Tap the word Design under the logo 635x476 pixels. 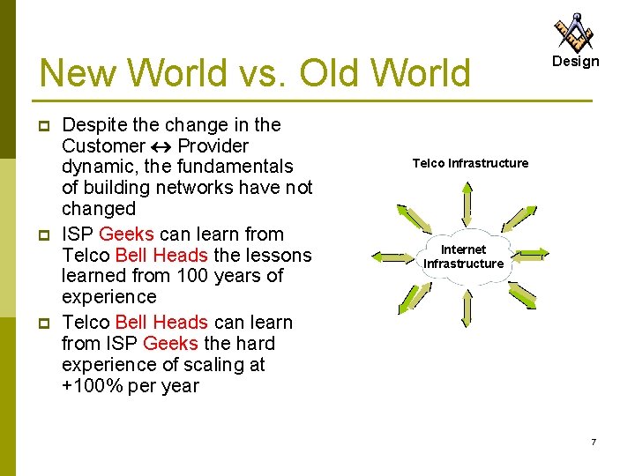[x=575, y=62]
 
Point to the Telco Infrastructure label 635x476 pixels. [x=470, y=163]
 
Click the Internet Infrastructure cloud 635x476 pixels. [x=464, y=257]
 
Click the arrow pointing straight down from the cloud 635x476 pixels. [x=467, y=308]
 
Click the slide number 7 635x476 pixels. [x=594, y=442]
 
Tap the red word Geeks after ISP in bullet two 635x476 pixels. [x=127, y=234]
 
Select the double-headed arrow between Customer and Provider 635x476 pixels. [x=161, y=146]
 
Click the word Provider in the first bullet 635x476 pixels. [x=213, y=146]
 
